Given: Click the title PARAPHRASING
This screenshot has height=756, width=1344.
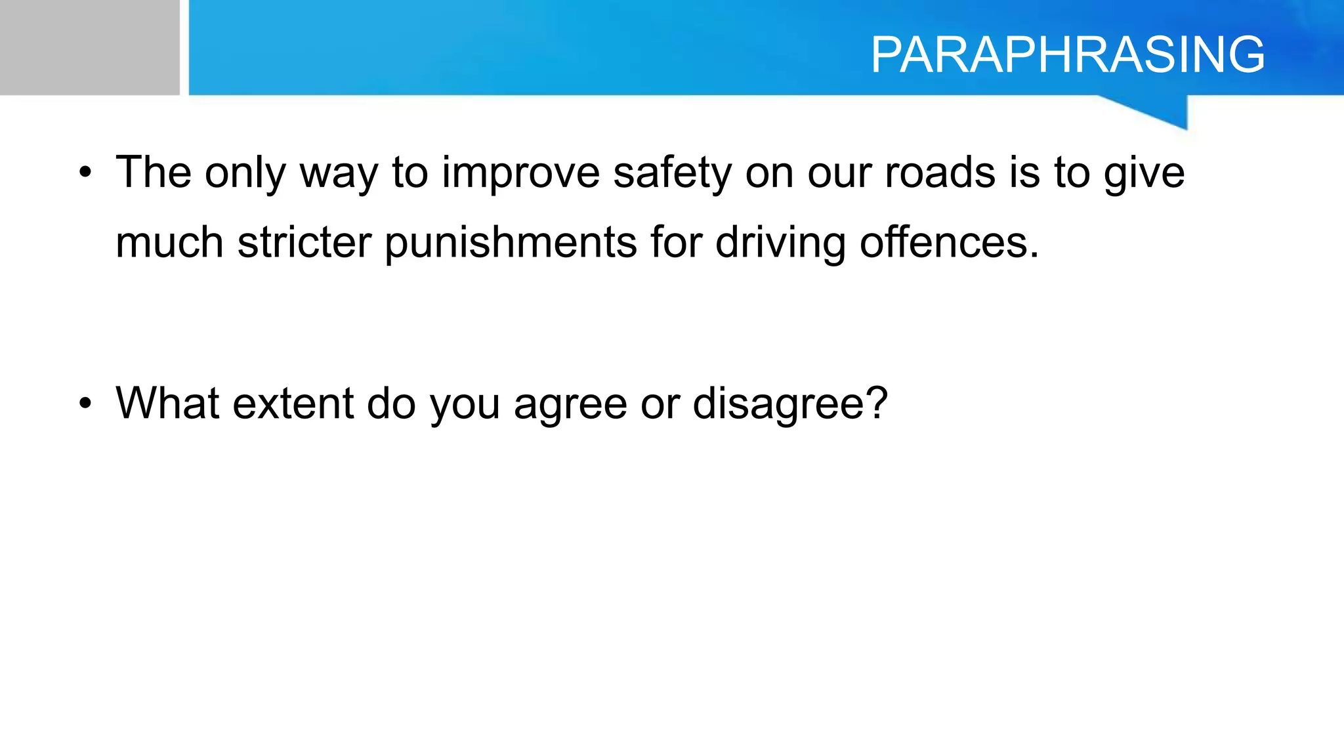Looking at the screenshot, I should [x=1068, y=54].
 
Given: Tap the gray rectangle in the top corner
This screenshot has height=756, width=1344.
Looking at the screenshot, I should [x=89, y=47].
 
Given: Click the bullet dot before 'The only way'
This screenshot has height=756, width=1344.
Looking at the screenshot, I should [x=85, y=173].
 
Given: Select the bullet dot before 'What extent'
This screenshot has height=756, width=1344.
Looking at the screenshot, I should [x=85, y=404].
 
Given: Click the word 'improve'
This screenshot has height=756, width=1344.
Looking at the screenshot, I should [x=521, y=173].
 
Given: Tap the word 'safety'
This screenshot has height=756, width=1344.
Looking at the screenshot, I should [x=672, y=173].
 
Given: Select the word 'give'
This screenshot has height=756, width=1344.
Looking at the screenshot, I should [x=1144, y=173].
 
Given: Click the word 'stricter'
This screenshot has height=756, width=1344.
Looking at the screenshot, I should [x=304, y=242].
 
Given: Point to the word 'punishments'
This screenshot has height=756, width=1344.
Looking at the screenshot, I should [x=511, y=243].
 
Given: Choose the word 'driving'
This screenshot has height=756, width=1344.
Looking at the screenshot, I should [x=780, y=243].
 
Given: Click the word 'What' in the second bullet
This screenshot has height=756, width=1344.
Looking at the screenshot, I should [x=167, y=403].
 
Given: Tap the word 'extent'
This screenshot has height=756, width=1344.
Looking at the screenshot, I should [x=293, y=403].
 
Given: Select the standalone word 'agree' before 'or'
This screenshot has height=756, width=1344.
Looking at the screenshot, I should [x=571, y=404].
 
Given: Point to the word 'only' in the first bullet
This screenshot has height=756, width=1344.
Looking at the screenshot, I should [x=245, y=173].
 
